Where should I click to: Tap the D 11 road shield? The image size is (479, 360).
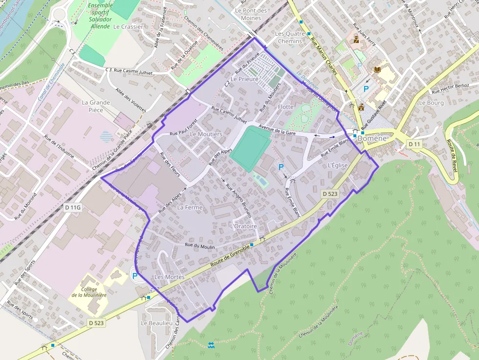(x=414, y=144)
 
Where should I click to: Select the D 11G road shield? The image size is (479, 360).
(x=72, y=208)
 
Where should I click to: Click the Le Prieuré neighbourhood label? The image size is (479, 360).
(x=244, y=79)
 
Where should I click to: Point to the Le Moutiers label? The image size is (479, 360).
(x=206, y=134)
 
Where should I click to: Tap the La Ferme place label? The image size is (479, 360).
(x=190, y=207)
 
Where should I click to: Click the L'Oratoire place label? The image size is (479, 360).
(x=243, y=226)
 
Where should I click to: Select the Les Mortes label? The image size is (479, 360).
(x=169, y=277)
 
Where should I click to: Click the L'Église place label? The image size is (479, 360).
(x=338, y=165)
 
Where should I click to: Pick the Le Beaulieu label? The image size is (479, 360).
(x=156, y=323)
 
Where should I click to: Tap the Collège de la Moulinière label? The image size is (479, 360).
(x=89, y=292)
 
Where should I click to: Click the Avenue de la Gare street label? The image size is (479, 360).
(x=278, y=130)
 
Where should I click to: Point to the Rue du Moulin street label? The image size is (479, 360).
(x=200, y=245)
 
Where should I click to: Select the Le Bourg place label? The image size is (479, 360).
(x=432, y=103)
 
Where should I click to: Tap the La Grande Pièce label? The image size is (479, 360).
(x=96, y=106)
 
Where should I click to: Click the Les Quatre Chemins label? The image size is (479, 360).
(x=290, y=37)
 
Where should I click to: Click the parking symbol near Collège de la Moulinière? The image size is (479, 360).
(x=134, y=275)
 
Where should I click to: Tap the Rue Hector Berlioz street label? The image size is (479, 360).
(x=450, y=88)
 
